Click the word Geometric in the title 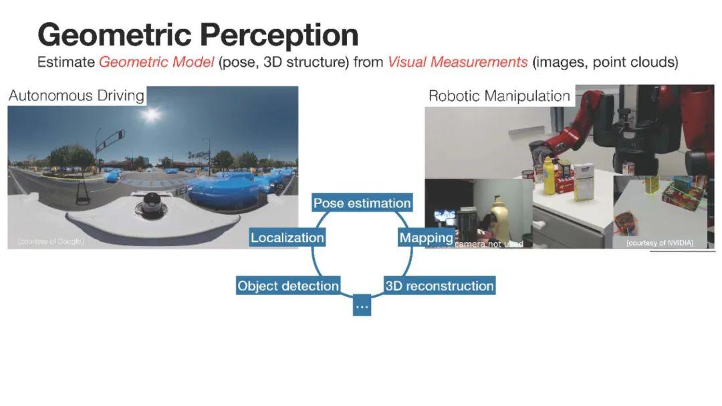107,35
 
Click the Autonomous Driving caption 76,96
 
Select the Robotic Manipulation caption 499,96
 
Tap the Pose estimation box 362,203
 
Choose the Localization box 287,237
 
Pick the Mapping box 426,237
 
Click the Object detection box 288,286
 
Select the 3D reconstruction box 439,286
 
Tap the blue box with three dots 362,306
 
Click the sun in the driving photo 152,114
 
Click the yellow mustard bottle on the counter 549,175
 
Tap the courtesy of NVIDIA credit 659,242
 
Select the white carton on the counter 584,181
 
